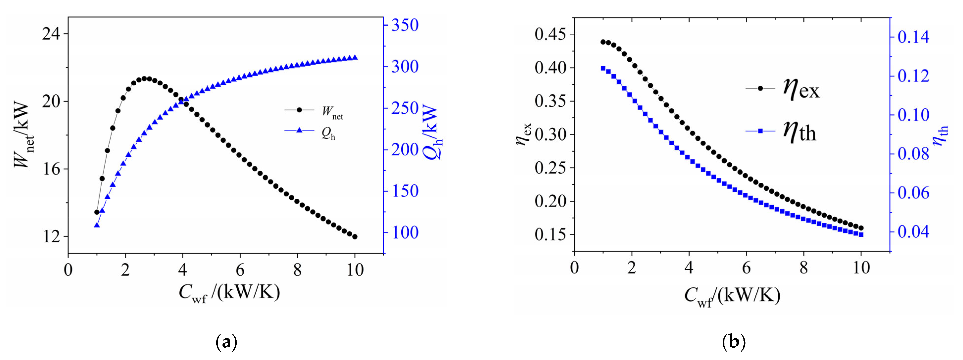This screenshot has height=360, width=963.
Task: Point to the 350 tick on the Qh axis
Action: [404, 26]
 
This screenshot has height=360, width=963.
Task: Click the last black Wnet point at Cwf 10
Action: [355, 237]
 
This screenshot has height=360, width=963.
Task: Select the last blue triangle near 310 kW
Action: [355, 57]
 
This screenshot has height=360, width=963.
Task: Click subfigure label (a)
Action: [226, 342]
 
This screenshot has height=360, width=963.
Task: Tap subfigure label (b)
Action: [734, 342]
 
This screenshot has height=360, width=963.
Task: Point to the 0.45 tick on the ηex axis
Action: [550, 34]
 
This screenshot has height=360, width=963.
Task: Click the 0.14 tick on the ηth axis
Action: [913, 37]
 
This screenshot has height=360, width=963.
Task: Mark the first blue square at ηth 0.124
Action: [603, 68]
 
